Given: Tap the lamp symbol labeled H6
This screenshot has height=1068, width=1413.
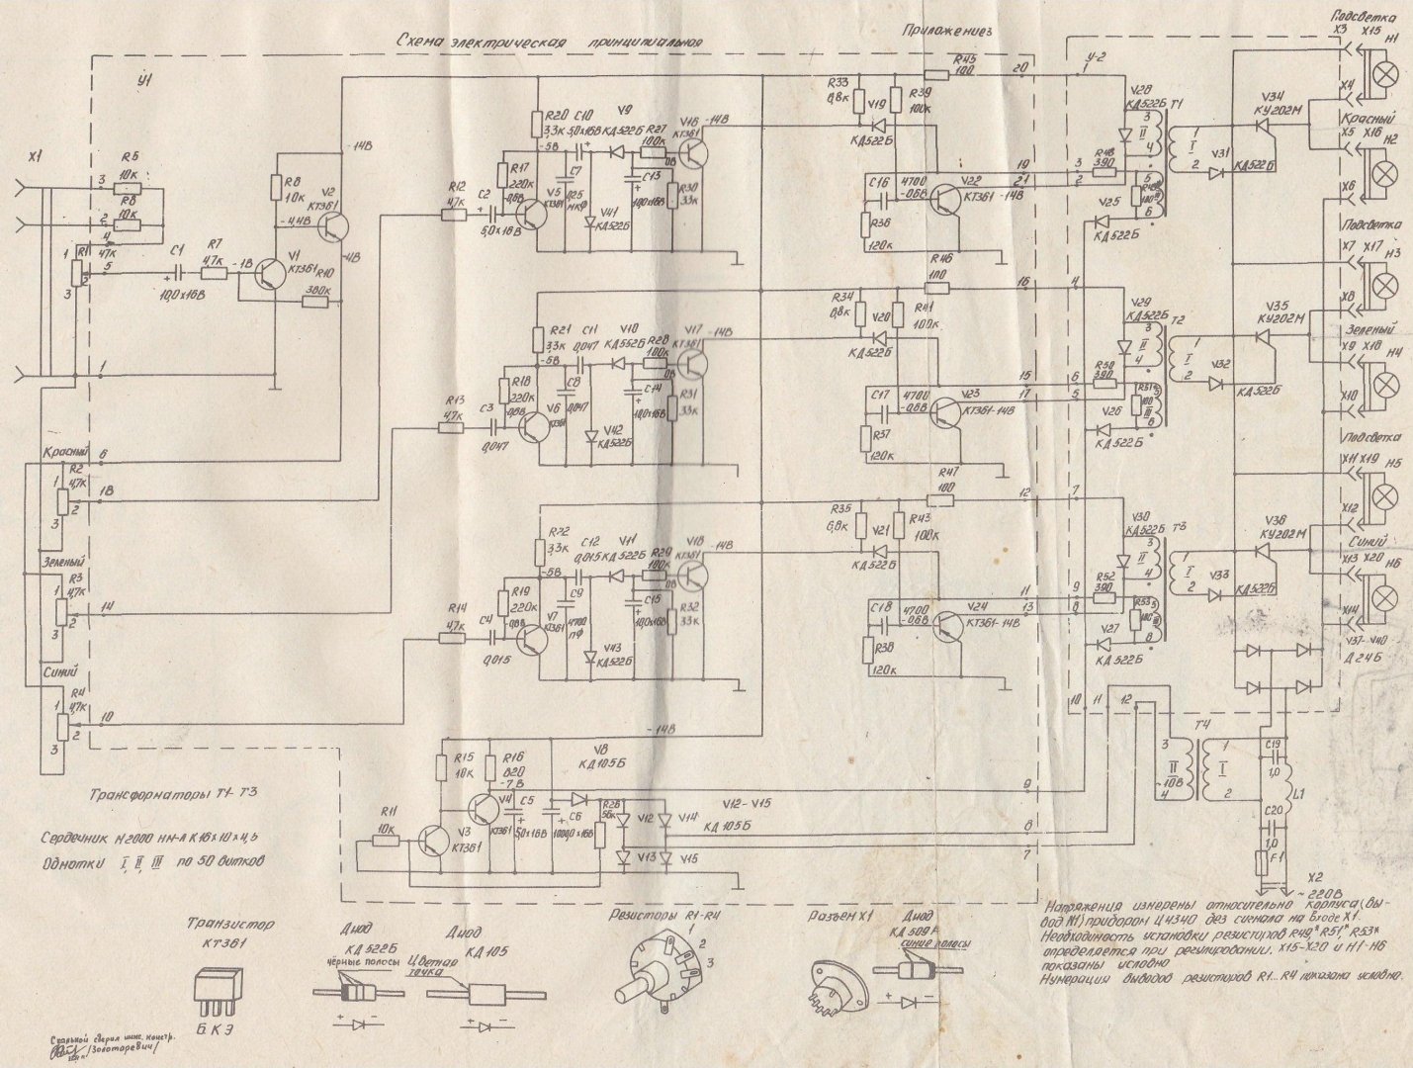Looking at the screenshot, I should click(1389, 594).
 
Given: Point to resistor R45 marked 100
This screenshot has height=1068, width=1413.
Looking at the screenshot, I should click(937, 73).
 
